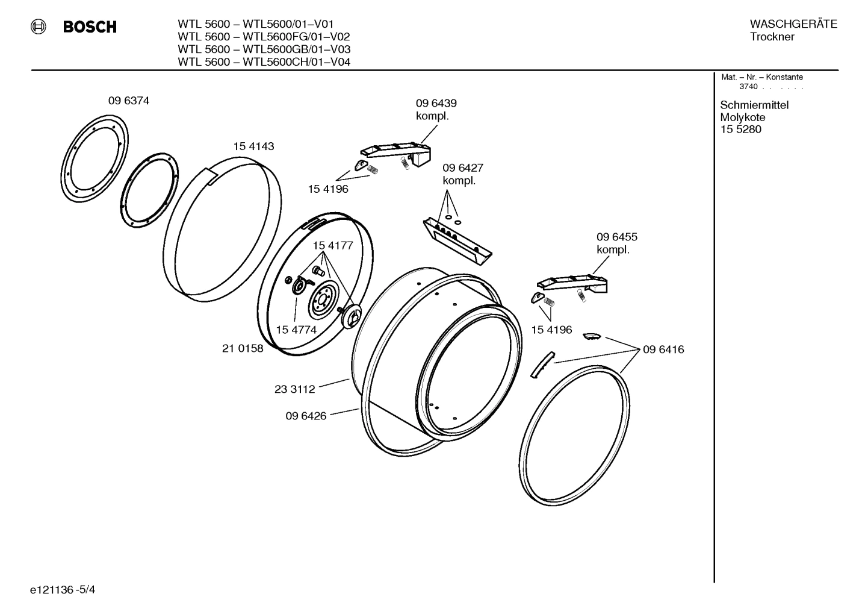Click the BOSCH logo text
pos(90,27)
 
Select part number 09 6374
pos(128,101)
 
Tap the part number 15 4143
pos(253,146)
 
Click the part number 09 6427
pos(462,168)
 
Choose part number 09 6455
pos(616,237)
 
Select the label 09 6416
pos(663,349)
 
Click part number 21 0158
pos(243,348)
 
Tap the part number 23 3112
pos(294,389)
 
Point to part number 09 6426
pos(306,416)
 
